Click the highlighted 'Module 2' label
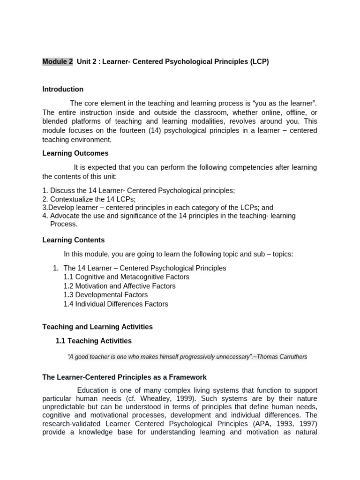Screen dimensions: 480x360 point(58,61)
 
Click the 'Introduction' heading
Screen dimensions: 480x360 point(63,89)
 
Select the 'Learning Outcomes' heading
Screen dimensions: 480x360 point(75,153)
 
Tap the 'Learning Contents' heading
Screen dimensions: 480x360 point(74,240)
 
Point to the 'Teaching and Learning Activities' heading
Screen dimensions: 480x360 point(97,327)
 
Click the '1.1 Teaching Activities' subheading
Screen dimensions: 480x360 point(94,341)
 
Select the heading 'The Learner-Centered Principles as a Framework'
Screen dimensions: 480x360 point(124,377)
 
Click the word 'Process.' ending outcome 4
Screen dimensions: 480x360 point(64,224)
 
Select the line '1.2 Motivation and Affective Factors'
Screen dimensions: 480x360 point(120,286)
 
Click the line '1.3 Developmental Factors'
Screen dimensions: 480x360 point(105,295)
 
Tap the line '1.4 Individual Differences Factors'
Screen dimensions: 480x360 point(116,304)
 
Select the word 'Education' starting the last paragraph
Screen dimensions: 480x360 point(92,390)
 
